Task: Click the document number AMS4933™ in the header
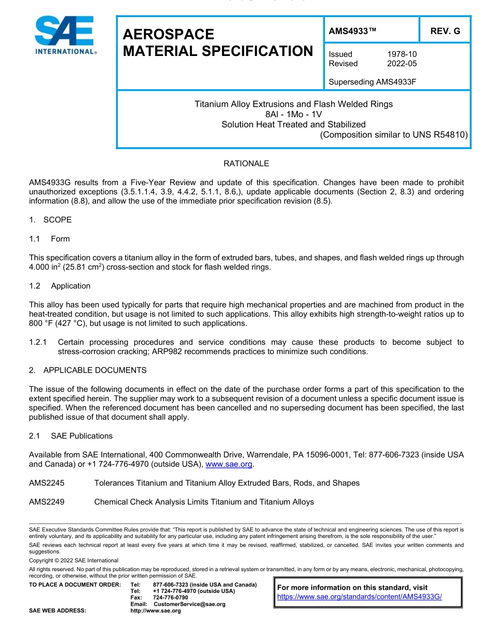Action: pos(352,31)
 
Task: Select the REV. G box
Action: pos(445,31)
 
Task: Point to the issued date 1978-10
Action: pos(402,54)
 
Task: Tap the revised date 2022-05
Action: pos(402,64)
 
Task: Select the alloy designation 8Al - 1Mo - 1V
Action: pos(293,114)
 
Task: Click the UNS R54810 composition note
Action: pos(394,135)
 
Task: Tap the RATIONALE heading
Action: pos(246,164)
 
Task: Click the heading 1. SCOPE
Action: pos(50,220)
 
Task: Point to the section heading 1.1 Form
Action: pos(49,239)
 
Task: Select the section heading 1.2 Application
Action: pos(60,286)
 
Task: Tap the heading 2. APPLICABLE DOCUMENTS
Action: pos(88,371)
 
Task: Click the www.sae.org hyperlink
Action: pos(229,464)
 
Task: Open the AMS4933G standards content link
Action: pos(359,597)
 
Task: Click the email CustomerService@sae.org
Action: pos(189,604)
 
